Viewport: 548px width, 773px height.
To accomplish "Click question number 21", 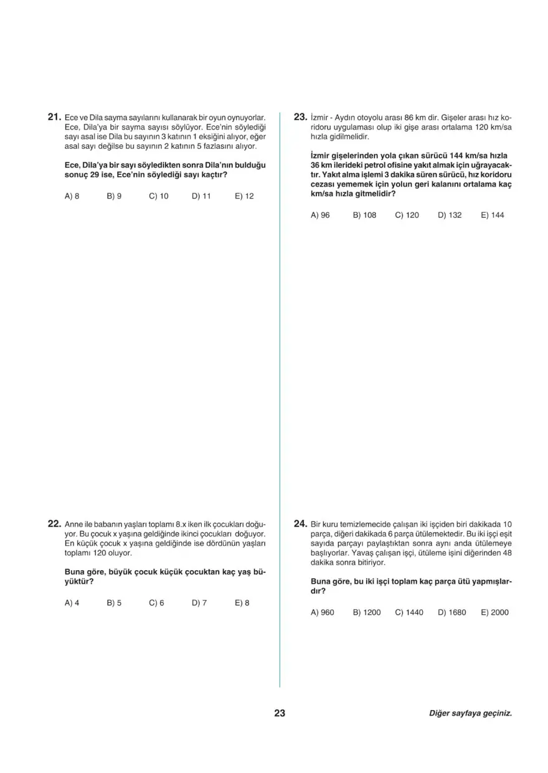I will (53, 116).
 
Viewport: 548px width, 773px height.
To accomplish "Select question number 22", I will (53, 524).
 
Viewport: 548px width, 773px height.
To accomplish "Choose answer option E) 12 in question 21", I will (244, 196).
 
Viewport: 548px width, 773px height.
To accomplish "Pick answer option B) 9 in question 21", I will (114, 196).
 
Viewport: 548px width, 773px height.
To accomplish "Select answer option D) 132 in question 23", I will (450, 215).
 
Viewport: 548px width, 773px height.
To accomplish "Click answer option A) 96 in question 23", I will (320, 215).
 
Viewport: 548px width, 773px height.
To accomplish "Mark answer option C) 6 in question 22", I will (156, 603).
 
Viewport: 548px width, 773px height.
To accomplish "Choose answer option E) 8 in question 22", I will (242, 603).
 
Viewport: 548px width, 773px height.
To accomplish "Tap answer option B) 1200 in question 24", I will (367, 612).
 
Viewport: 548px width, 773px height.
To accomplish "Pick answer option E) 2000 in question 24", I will (494, 612).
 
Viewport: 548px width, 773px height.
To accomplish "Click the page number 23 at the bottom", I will (280, 714).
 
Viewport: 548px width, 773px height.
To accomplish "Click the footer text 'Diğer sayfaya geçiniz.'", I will (470, 714).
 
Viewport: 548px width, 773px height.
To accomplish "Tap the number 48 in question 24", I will (506, 553).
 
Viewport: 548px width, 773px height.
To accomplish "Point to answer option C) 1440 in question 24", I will (409, 612).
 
